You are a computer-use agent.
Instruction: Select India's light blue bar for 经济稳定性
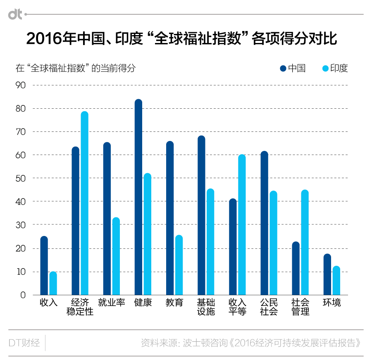[x=85, y=203]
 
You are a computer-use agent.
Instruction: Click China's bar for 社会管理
[x=296, y=268]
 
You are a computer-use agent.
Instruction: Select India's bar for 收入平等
[x=242, y=225]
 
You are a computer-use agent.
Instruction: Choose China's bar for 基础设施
[x=201, y=215]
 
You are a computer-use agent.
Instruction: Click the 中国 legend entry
[x=293, y=68]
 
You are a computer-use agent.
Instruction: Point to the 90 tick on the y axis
[x=21, y=85]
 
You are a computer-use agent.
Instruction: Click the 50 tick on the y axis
[x=21, y=178]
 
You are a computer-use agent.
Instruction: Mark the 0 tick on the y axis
[x=23, y=295]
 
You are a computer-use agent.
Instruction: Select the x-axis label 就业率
[x=112, y=303]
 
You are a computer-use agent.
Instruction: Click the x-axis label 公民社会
[x=269, y=307]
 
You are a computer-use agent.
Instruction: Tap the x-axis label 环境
[x=332, y=303]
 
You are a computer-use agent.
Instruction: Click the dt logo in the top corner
[x=16, y=14]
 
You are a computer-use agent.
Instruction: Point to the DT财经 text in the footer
[x=24, y=343]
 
